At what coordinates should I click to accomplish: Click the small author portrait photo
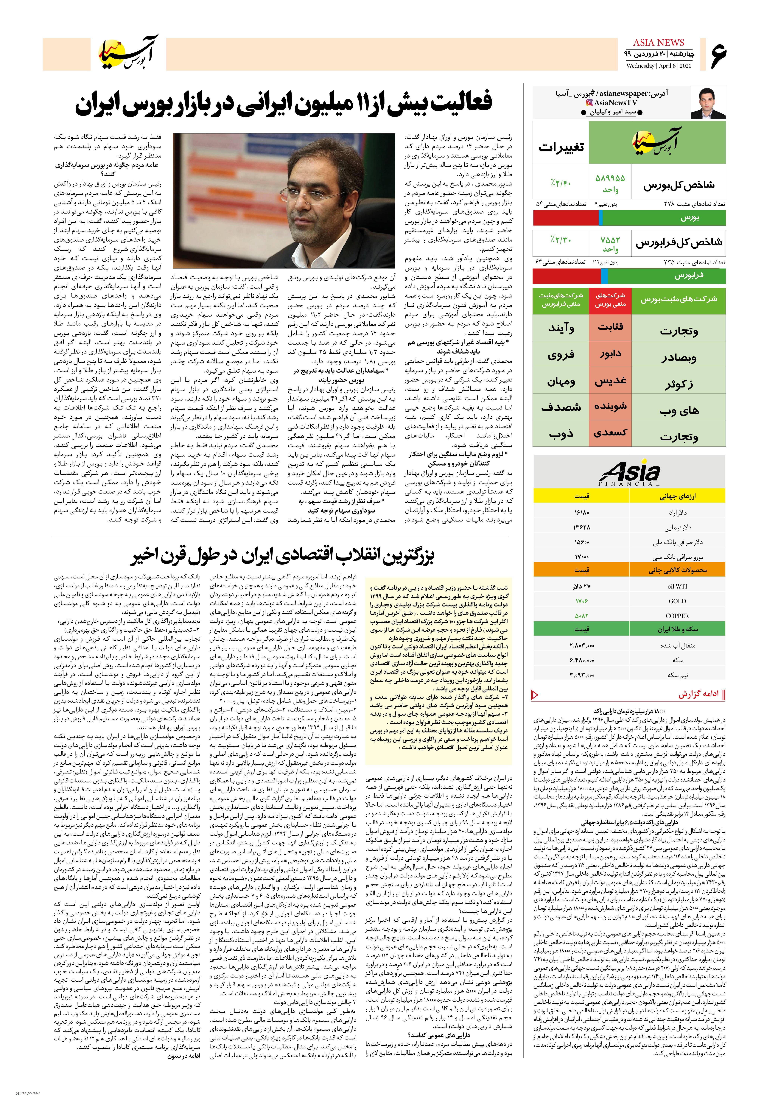708,102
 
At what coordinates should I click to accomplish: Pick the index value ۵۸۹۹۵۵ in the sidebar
610,178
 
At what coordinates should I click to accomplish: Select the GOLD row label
677,601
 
